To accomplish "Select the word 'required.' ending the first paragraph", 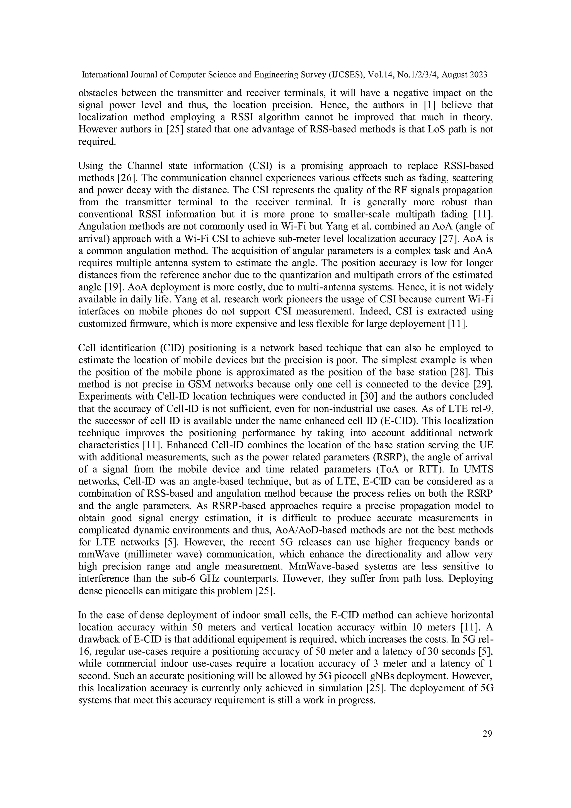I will [97, 142].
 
